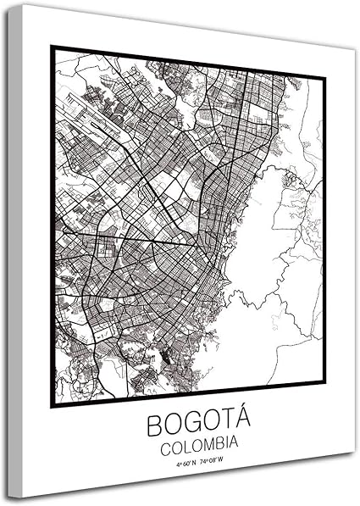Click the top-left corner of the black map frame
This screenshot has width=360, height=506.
pos(52,47)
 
